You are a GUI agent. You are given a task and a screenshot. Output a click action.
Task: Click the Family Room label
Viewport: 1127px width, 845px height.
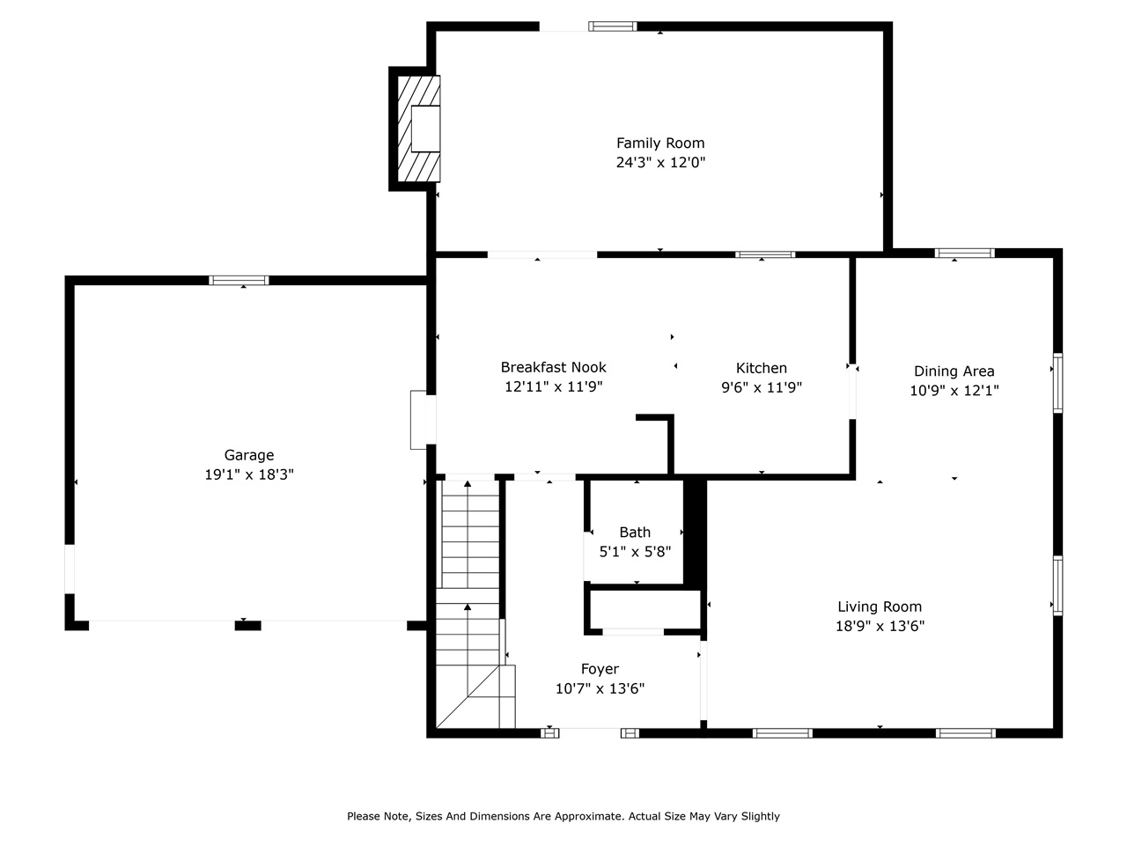coord(660,143)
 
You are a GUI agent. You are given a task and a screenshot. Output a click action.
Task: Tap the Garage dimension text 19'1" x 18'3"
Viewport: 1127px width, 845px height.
coord(248,474)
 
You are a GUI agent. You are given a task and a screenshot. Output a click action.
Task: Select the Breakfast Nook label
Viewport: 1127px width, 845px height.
coord(553,367)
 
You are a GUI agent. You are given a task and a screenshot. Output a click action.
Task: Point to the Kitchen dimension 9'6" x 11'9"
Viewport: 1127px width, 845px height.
coord(762,387)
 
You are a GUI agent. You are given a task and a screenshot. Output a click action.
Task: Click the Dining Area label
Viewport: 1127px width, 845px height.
coord(954,371)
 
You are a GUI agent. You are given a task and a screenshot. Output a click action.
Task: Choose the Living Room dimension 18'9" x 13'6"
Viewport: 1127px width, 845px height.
coord(880,627)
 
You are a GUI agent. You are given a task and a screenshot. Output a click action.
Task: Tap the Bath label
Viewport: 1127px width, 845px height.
coord(635,532)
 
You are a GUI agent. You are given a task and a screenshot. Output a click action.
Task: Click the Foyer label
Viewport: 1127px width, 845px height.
coord(600,669)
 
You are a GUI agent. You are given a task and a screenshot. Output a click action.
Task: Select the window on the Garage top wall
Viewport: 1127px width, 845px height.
coord(239,281)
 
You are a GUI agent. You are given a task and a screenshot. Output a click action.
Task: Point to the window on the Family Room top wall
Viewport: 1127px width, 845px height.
coord(613,26)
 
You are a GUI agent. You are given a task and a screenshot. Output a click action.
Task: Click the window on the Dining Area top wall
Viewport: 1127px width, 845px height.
coord(965,253)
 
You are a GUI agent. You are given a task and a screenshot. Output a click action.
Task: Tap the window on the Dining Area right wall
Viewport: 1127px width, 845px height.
coord(1057,383)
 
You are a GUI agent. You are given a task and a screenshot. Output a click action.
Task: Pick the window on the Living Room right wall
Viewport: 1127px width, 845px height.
coord(1057,585)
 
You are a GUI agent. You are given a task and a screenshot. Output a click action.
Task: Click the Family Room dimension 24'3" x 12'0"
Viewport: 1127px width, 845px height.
coord(660,163)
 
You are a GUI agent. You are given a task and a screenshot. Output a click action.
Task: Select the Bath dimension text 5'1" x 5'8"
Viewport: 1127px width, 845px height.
coord(635,553)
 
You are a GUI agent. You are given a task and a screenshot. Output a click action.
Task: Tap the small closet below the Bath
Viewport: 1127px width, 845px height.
coord(645,609)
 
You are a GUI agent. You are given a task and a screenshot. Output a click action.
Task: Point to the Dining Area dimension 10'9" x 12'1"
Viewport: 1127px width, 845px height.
coord(954,391)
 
